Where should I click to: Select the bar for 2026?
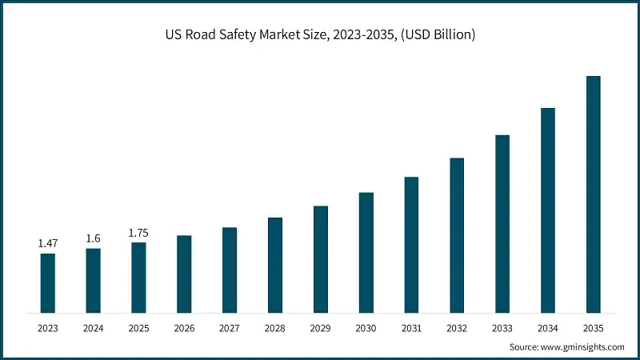(184, 274)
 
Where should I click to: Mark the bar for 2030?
(366, 252)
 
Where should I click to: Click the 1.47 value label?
(48, 242)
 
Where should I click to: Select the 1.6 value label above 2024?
(94, 238)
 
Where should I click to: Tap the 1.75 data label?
(138, 232)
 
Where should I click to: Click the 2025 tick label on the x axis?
(138, 328)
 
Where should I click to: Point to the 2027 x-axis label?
(230, 328)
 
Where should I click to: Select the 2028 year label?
(275, 328)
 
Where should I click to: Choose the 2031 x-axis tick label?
(411, 328)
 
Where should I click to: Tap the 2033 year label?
(502, 328)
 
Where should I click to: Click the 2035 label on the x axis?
(593, 328)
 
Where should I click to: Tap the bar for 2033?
(502, 223)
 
